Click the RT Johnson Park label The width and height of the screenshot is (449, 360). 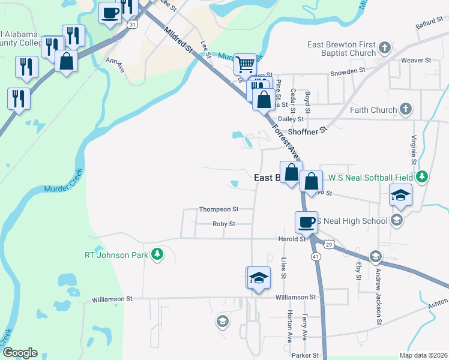[x=115, y=255]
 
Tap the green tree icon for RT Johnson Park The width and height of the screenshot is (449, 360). [x=157, y=254]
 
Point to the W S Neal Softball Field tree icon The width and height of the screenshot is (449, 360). [x=422, y=177]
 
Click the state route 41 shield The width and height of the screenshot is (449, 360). [x=316, y=256]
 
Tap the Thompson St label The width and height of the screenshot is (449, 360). [x=219, y=209]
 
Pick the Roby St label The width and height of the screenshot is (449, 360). [x=223, y=224]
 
